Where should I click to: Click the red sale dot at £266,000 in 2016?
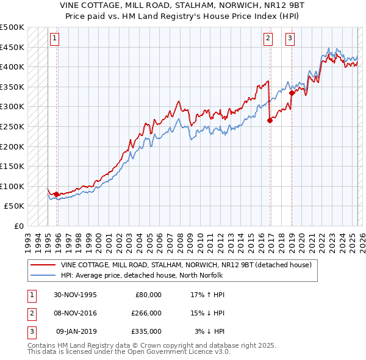[x=270, y=120]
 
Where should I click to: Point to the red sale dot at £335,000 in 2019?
[x=292, y=93]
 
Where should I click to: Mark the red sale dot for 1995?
[x=57, y=195]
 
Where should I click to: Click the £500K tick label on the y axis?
[x=12, y=27]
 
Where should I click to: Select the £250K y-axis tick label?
[x=12, y=126]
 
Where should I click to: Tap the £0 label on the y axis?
[x=19, y=226]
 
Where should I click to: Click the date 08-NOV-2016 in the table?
[x=75, y=313]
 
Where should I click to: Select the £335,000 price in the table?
[x=146, y=331]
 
